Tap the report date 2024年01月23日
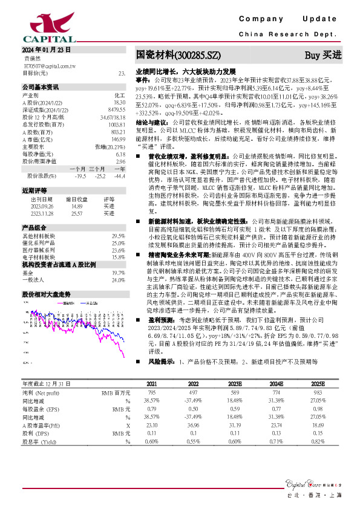[x=47, y=50]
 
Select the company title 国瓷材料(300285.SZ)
[x=178, y=55]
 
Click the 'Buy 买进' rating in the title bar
[x=323, y=55]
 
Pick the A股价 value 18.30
[x=119, y=103]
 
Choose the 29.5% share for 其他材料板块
[x=118, y=236]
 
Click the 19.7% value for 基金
[x=118, y=273]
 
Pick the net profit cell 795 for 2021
[x=152, y=393]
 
